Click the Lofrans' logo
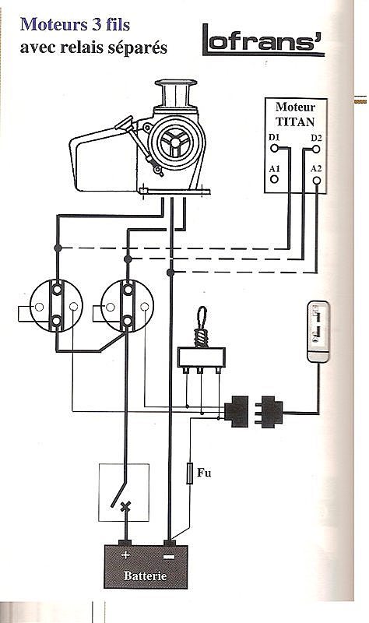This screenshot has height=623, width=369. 263,40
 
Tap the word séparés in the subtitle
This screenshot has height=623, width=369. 140,48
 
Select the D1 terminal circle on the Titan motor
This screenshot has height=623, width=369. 274,148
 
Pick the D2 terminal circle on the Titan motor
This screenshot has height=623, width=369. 316,149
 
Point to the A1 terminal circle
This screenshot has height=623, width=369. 274,179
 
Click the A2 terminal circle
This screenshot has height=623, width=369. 317,181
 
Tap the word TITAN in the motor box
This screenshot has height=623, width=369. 295,121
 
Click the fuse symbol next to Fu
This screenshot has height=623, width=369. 190,473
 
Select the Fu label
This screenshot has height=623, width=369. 204,473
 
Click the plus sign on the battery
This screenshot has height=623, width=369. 125,554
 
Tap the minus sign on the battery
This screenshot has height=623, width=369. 168,558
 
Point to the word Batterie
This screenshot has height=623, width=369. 146,575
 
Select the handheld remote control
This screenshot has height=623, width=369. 318,332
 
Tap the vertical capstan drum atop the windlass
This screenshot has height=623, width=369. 176,93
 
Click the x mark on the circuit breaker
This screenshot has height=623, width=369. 125,506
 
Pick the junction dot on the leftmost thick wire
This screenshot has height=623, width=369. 58,248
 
